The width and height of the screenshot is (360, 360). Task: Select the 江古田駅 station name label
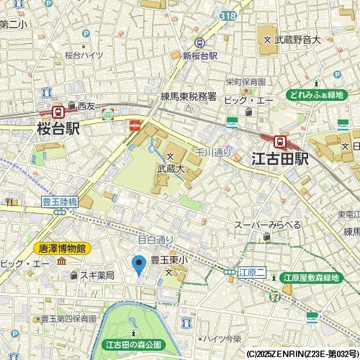280,158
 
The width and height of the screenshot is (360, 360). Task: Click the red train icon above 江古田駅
281,142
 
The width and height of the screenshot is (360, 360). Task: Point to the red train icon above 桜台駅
57,112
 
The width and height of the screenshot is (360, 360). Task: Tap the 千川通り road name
212,152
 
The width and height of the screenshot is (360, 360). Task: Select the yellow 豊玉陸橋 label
55,202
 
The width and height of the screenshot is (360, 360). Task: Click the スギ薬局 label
96,275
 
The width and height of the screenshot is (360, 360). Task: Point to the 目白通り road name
156,239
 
